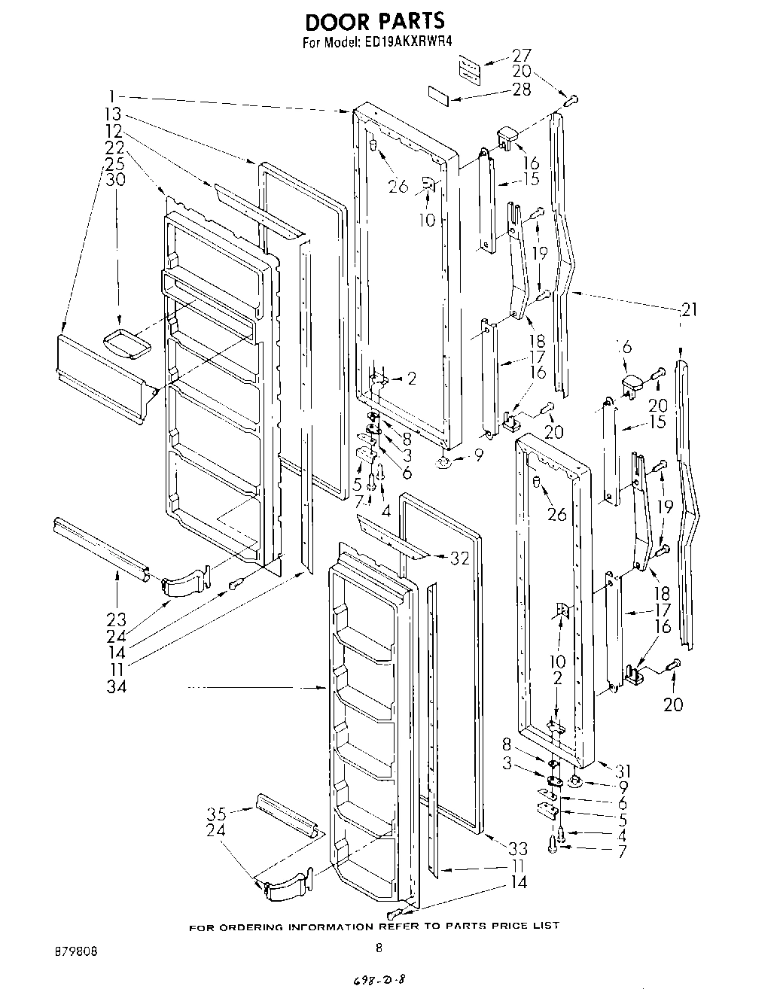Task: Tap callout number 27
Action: click(522, 56)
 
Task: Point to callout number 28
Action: click(521, 89)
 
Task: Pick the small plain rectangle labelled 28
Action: click(439, 94)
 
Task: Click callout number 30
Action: click(115, 180)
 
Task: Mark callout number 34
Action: click(115, 686)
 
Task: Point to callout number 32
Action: click(459, 558)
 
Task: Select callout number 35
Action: click(217, 814)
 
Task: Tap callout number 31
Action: click(623, 771)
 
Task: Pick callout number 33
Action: click(517, 849)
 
